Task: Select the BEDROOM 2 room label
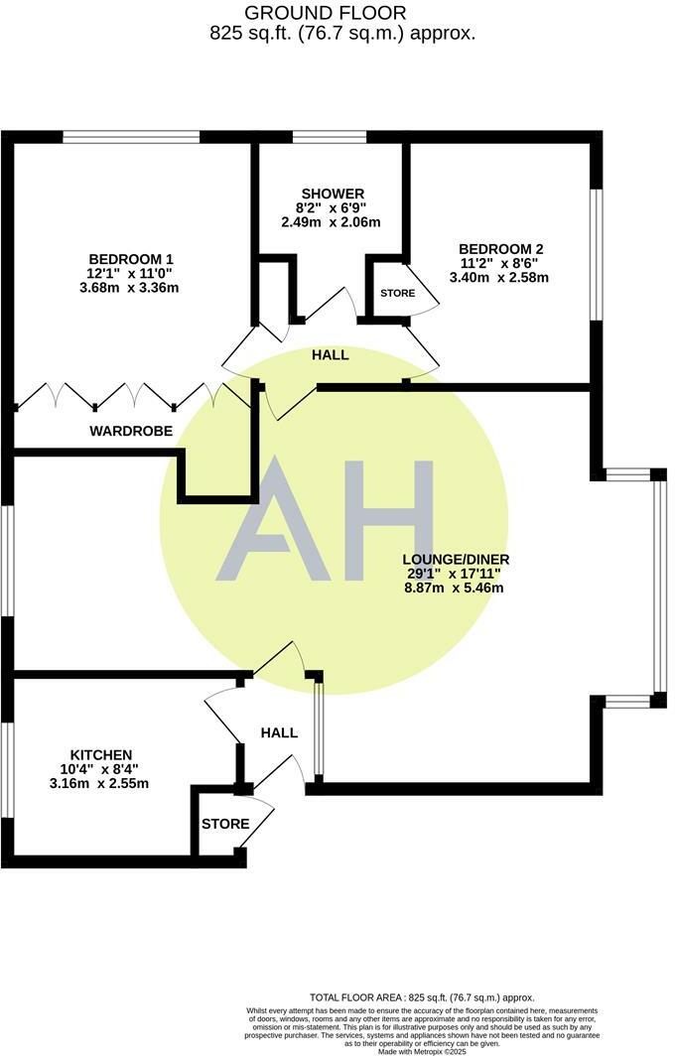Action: (x=499, y=248)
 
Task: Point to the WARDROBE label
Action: (x=131, y=431)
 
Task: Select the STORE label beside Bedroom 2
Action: (x=397, y=294)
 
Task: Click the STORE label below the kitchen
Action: (x=225, y=824)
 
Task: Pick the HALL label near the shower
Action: (x=330, y=354)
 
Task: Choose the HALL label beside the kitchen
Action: (x=279, y=732)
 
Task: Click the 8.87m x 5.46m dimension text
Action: (x=455, y=588)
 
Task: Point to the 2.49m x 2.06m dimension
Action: (x=332, y=222)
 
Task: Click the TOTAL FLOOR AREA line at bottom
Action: (x=423, y=997)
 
